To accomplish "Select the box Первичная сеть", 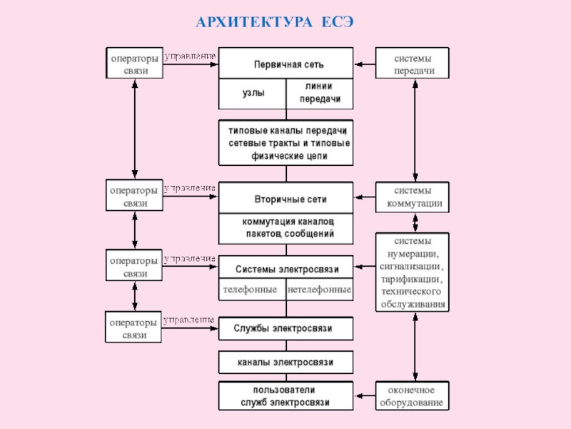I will pos(285,64).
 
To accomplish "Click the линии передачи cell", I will pos(319,93).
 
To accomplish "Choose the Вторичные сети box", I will pos(285,197).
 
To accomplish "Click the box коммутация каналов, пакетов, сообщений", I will pos(285,227).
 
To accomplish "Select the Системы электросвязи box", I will pos(285,269).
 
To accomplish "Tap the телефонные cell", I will pos(251,290).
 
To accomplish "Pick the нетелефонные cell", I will pos(319,290).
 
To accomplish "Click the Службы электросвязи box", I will pos(285,328).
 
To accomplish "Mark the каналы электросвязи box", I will pos(285,363).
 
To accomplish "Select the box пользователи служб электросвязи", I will pos(285,396).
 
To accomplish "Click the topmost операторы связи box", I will pos(133,63).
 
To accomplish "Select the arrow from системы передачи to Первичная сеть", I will pos(365,64).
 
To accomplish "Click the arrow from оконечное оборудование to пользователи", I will pos(365,396).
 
